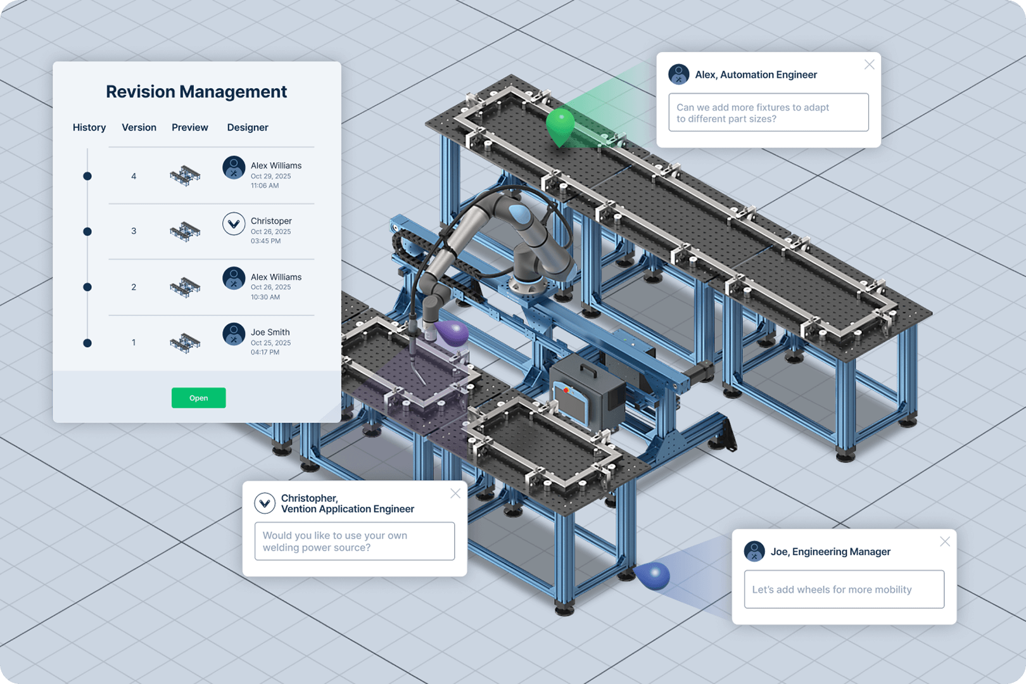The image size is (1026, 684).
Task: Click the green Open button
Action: [198, 398]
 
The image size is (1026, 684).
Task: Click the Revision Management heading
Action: [196, 92]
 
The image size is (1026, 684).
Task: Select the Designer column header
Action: [248, 127]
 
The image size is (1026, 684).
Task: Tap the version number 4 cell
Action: [134, 176]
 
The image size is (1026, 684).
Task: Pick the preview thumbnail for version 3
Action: [185, 231]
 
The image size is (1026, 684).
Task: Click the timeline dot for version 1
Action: [87, 343]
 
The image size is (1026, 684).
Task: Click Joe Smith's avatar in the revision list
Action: [234, 334]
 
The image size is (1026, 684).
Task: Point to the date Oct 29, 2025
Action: [270, 176]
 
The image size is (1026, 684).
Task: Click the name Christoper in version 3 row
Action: [271, 221]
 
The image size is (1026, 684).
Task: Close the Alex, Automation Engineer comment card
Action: [870, 65]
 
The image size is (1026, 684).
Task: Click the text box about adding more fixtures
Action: [768, 113]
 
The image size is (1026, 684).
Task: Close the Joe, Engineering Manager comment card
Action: [945, 541]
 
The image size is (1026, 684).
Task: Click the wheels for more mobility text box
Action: [844, 590]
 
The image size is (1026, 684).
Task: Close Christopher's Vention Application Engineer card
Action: [455, 493]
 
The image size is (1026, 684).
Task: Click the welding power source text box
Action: [354, 541]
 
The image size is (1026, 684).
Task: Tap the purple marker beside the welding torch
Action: [451, 333]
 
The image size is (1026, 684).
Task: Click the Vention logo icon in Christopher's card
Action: [265, 503]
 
